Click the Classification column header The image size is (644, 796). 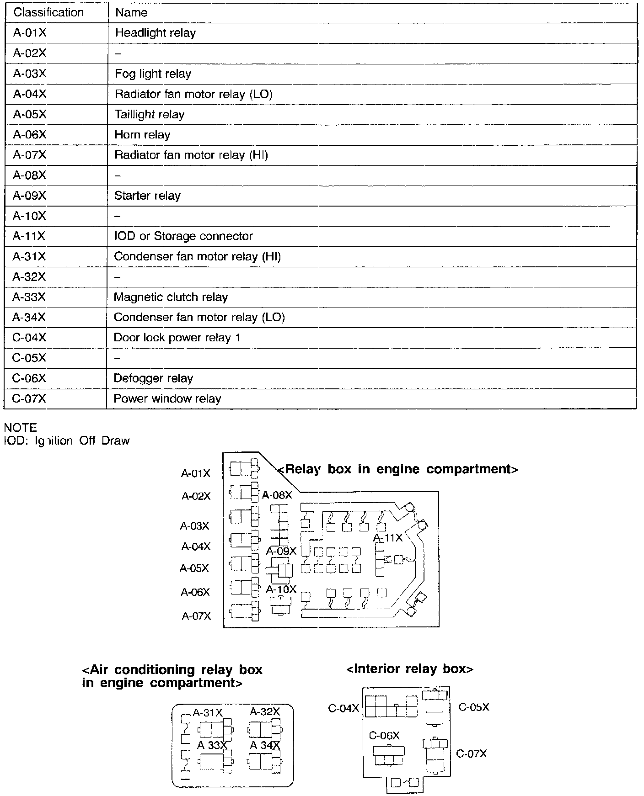tap(48, 12)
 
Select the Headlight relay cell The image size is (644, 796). tap(155, 33)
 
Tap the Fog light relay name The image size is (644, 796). tap(153, 74)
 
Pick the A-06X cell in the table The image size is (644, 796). tap(30, 135)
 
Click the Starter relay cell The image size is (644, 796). tap(147, 196)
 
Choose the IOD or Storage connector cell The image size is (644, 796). tap(183, 236)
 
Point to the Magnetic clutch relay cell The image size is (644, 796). tap(171, 297)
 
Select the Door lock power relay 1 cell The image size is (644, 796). tap(177, 338)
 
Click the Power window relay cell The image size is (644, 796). tap(167, 398)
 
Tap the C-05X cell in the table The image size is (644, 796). tap(29, 358)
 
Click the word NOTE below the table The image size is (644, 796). tap(20, 428)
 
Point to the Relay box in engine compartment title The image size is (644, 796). tap(398, 469)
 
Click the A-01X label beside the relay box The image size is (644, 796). tap(196, 473)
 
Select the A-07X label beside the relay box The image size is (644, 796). tap(196, 616)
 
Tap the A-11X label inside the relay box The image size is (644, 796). tap(388, 538)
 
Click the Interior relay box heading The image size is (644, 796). tap(410, 669)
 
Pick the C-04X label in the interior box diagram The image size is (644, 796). tap(343, 708)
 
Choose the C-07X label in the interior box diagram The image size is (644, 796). tap(472, 754)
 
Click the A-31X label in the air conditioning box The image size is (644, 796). tap(208, 712)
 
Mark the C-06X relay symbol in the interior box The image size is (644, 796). tap(388, 756)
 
